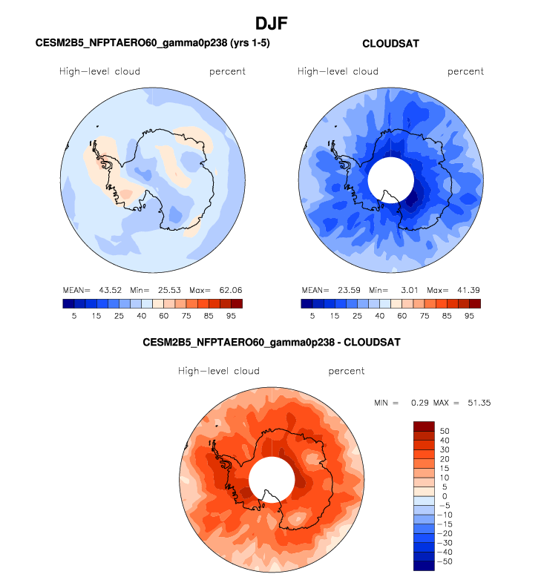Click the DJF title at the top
(271, 24)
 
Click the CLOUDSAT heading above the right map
(390, 44)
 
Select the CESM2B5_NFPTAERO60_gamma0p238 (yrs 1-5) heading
(153, 44)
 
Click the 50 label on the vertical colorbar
(445, 430)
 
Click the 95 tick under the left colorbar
(232, 315)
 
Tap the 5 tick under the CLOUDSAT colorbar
(312, 315)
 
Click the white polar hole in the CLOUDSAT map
(391, 181)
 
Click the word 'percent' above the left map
(227, 72)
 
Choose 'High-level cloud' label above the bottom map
(218, 371)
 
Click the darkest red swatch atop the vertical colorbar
(423, 426)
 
